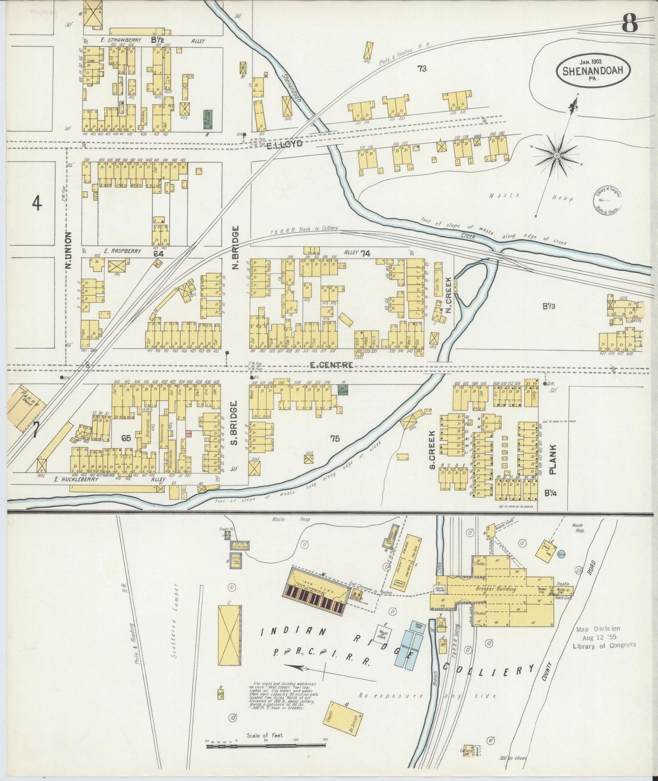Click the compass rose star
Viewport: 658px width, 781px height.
click(556, 156)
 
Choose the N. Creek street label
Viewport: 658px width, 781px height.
click(449, 295)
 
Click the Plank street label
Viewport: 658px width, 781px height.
click(553, 459)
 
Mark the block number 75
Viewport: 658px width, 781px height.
click(335, 439)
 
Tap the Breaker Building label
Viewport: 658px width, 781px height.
click(496, 589)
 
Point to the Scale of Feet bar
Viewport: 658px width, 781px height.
click(265, 745)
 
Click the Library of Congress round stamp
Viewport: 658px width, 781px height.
click(607, 199)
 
